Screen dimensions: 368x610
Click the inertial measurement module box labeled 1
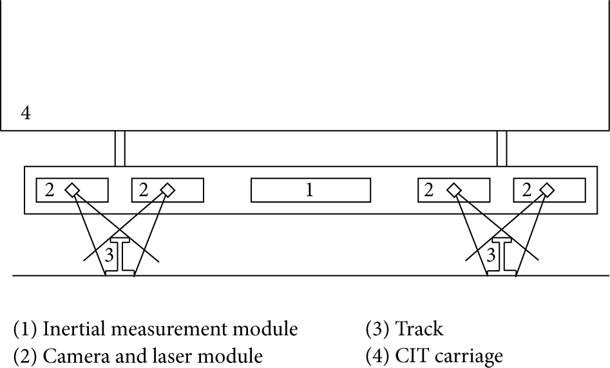310,190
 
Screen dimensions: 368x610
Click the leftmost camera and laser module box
71,190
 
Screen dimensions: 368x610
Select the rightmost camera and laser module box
549,190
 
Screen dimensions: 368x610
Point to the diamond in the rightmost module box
547,190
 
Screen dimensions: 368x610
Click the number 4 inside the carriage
26,113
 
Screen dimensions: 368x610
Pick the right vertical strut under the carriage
502,149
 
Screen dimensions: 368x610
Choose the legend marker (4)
377,354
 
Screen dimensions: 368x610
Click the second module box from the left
167,190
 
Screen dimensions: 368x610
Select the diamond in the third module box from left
454,190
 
